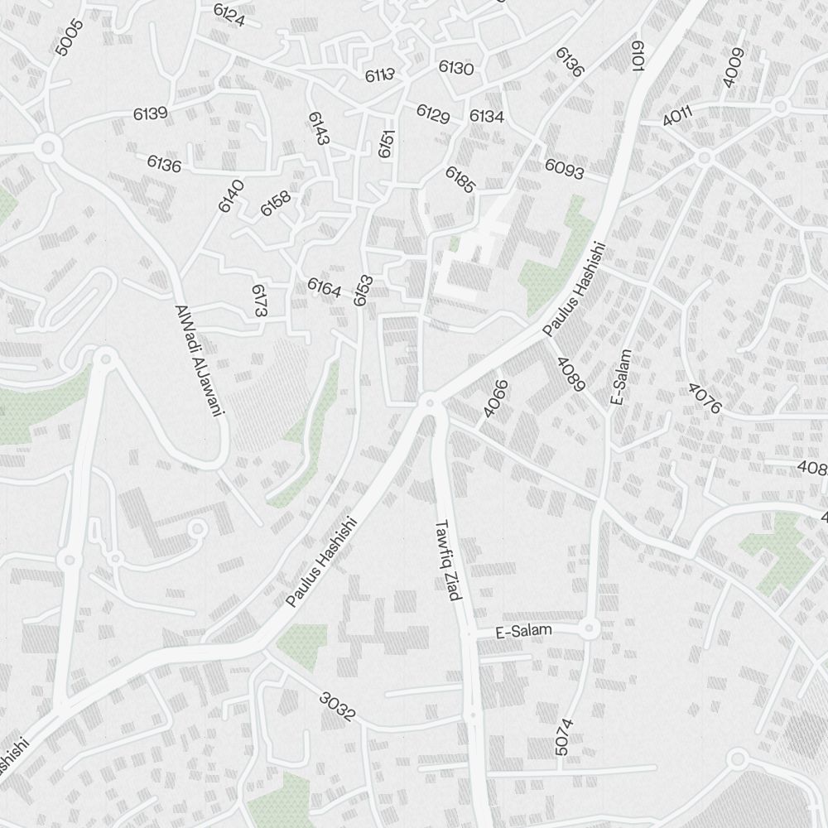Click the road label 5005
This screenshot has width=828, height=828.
coord(70,37)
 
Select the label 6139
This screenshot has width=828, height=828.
coord(151,113)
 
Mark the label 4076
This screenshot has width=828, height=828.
coord(705,398)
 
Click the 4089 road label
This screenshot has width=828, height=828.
coord(571,374)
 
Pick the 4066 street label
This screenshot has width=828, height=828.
coord(494,398)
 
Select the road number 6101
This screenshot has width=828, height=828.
coord(638,56)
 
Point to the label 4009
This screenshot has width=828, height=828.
coord(734,67)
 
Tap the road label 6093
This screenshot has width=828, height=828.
coord(564,169)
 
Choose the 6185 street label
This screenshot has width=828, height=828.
coord(460,180)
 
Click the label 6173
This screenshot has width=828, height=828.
coord(260,301)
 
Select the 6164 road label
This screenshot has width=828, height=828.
coord(324,287)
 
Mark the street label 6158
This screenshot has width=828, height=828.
coord(276,204)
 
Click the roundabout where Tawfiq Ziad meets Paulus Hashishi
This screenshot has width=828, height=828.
coord(429,403)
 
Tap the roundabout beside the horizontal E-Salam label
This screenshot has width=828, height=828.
coord(589,629)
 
